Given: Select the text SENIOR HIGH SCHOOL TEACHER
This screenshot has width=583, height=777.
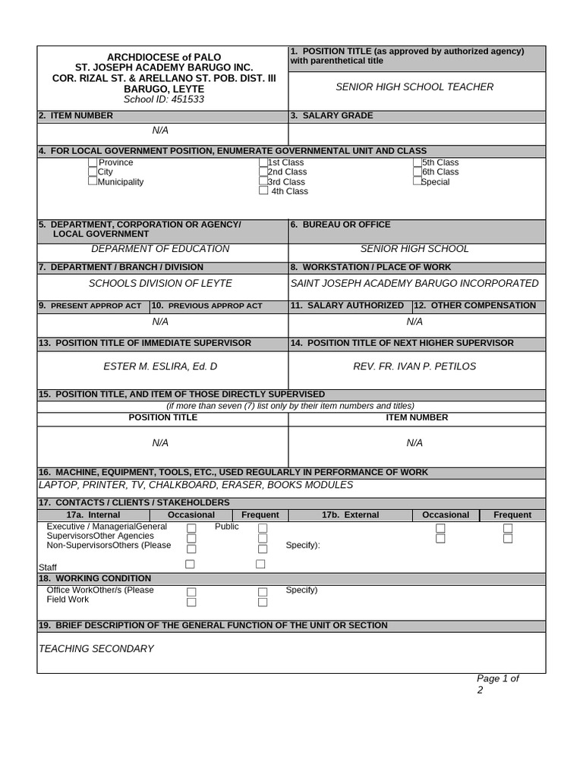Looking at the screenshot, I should [x=414, y=87].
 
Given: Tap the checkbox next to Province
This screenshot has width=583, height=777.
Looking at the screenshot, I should [x=93, y=162].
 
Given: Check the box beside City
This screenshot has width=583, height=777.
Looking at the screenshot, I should [x=93, y=172].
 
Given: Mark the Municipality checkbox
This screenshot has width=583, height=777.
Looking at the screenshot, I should [x=93, y=181].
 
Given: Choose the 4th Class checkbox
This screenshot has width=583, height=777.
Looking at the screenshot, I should [x=263, y=191].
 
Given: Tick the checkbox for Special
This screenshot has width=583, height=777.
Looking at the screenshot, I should [x=418, y=181].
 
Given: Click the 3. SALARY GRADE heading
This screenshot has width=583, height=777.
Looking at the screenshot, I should [x=332, y=115].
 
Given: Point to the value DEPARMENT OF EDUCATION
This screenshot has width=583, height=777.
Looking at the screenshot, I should [x=160, y=249].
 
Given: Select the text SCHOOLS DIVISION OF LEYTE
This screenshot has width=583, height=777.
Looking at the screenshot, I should [x=160, y=283].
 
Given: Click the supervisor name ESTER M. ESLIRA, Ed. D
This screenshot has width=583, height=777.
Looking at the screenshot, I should [x=160, y=366].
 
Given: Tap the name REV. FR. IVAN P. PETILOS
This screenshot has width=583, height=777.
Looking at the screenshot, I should [x=414, y=366].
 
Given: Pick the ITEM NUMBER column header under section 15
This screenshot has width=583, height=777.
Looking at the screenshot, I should [x=417, y=417].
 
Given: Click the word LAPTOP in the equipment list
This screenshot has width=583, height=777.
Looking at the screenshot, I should [x=57, y=485].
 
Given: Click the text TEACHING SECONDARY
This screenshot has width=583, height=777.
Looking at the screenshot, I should [x=96, y=649].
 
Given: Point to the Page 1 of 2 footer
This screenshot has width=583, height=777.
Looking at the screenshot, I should [x=496, y=684].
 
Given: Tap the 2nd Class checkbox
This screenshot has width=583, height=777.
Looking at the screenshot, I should [x=263, y=172].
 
